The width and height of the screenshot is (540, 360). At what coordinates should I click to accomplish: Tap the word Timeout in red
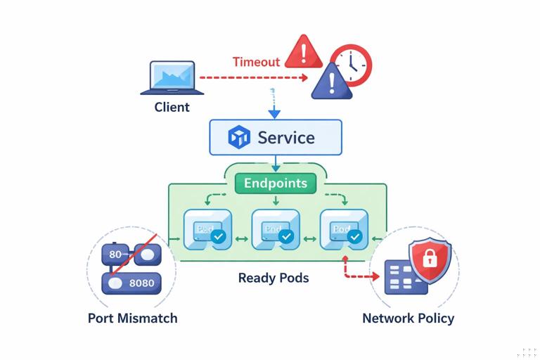(256, 62)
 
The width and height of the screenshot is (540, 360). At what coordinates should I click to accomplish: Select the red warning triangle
(303, 51)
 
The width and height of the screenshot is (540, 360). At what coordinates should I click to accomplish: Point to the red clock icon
(351, 65)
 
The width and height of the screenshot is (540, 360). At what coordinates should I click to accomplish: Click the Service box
(276, 137)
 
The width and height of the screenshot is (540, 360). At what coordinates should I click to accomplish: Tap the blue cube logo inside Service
(240, 137)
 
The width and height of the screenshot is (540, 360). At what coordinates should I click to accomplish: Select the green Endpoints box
(276, 184)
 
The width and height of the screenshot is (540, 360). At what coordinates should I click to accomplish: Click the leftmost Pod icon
(207, 229)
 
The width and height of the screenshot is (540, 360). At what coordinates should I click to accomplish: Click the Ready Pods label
(274, 278)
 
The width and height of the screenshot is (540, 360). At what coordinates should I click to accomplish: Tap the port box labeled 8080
(131, 283)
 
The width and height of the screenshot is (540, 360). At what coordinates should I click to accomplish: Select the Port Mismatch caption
(132, 318)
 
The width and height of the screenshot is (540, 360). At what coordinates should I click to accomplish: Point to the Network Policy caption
(408, 318)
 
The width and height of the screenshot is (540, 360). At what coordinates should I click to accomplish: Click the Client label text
(172, 108)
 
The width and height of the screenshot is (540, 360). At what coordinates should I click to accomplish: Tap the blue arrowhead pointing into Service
(274, 113)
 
